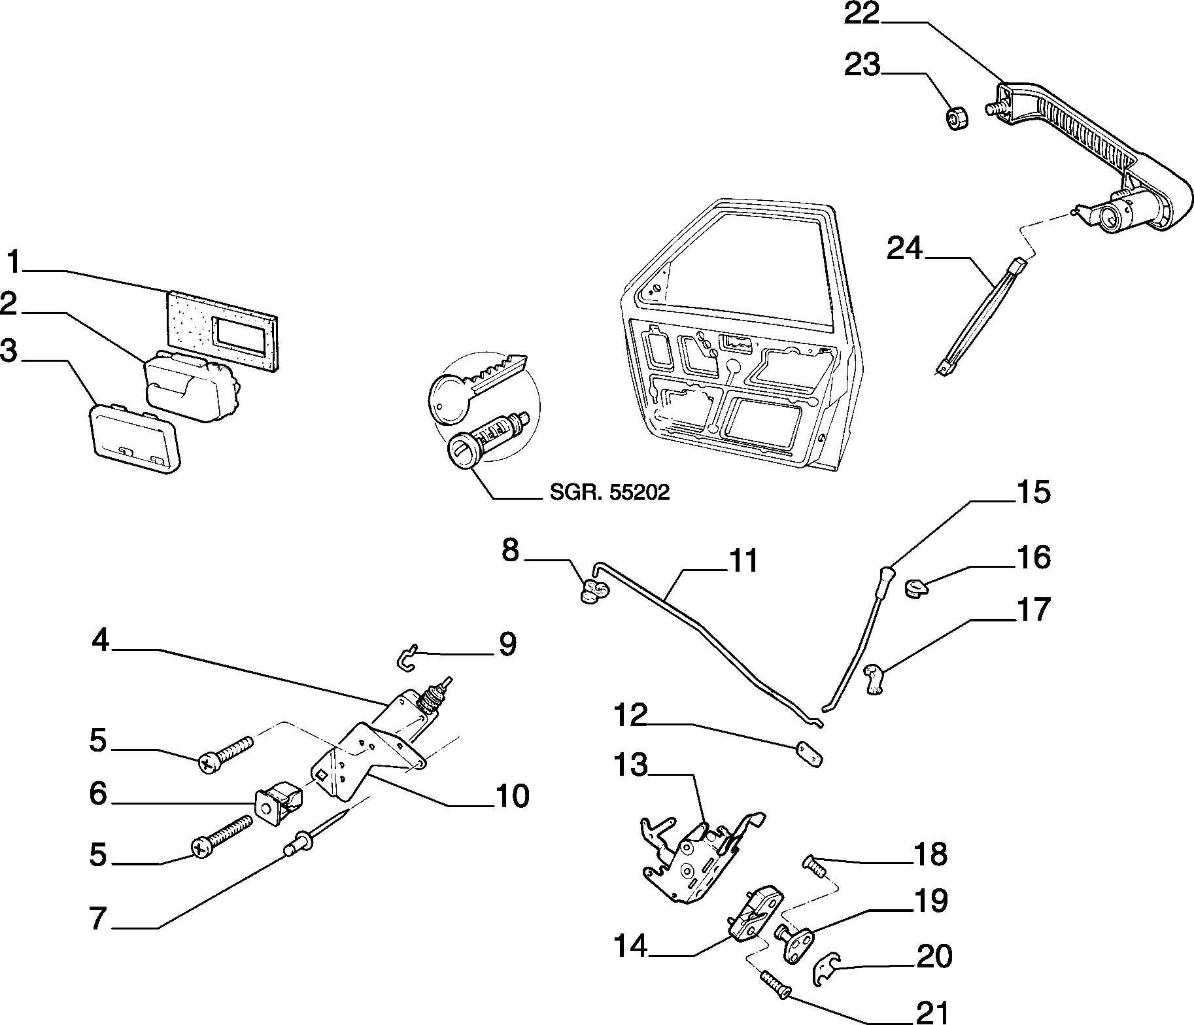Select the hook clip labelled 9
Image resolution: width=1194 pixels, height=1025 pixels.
click(x=407, y=657)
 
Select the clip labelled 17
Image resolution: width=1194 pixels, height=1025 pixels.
click(x=874, y=677)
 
